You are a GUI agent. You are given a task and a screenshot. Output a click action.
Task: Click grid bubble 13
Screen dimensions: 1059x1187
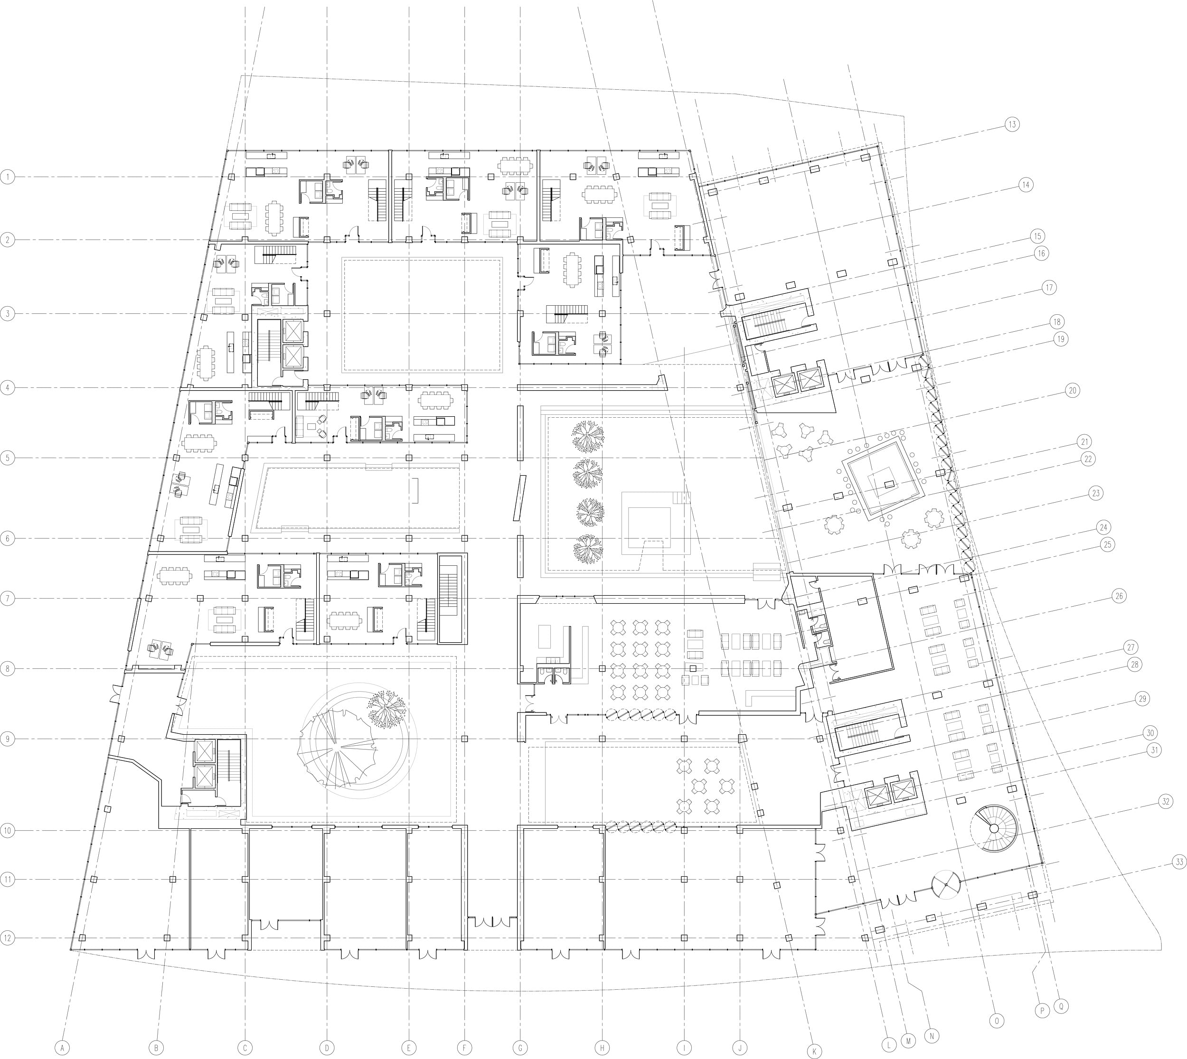pos(1012,124)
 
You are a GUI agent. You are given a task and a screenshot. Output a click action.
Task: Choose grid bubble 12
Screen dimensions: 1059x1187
pos(7,938)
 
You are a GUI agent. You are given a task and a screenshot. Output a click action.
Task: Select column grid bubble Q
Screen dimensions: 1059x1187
pos(1062,1005)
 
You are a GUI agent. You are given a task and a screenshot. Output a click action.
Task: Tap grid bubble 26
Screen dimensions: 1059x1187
pos(1118,596)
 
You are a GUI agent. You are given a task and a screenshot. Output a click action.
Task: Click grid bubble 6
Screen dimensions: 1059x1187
pos(7,539)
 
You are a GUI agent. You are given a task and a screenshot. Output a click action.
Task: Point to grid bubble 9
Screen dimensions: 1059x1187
pos(7,739)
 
